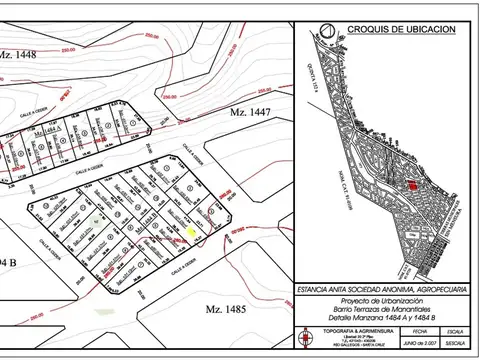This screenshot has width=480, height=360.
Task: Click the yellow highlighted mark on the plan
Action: coord(192,231)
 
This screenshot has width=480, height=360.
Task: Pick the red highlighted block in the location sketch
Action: coord(409,186)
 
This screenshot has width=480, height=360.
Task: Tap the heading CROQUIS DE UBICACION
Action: coord(397,29)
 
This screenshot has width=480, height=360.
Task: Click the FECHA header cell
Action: coord(421,328)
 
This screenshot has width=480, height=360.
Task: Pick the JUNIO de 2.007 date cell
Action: coord(421,343)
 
